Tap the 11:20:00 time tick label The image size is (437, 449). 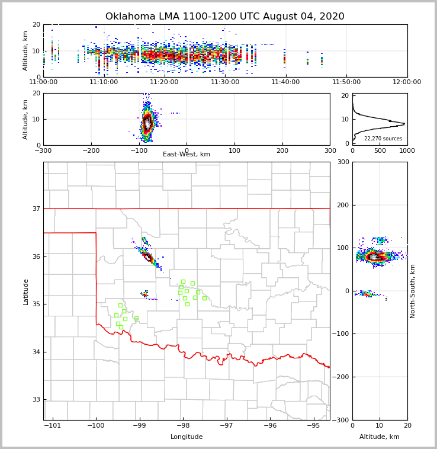165,82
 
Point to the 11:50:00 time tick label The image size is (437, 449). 346,82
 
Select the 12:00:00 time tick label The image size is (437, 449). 407,82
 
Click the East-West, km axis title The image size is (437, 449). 187,155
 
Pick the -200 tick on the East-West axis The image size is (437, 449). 91,151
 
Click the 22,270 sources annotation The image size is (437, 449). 383,139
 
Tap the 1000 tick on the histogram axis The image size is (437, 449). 406,151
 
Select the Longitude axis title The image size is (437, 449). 187,437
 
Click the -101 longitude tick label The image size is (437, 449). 52,426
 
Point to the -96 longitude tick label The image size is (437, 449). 270,426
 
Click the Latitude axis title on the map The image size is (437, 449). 25,291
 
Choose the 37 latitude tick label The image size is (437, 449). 36,209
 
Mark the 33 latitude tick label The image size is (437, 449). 36,400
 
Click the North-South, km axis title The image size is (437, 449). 413,291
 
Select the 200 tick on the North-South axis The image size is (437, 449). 343,205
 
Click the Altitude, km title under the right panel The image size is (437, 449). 380,437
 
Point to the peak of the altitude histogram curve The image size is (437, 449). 404,124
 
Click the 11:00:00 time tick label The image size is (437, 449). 43,82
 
